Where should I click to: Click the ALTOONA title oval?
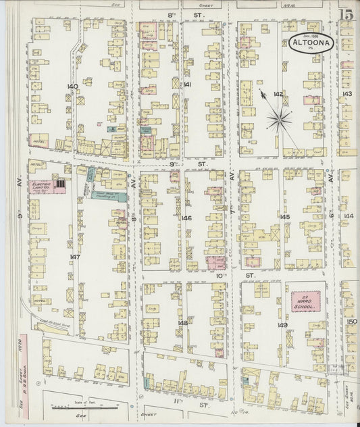[311, 44]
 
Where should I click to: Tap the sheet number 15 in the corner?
[345, 13]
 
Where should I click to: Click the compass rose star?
[278, 120]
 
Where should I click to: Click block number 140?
[72, 87]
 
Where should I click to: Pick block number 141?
[187, 84]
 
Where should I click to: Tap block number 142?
[278, 94]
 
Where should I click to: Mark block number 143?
[346, 94]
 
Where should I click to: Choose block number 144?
[347, 216]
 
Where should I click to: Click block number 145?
[284, 217]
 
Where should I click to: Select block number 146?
[186, 218]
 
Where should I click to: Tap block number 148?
[182, 323]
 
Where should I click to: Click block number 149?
[282, 325]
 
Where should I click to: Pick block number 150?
[351, 321]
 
